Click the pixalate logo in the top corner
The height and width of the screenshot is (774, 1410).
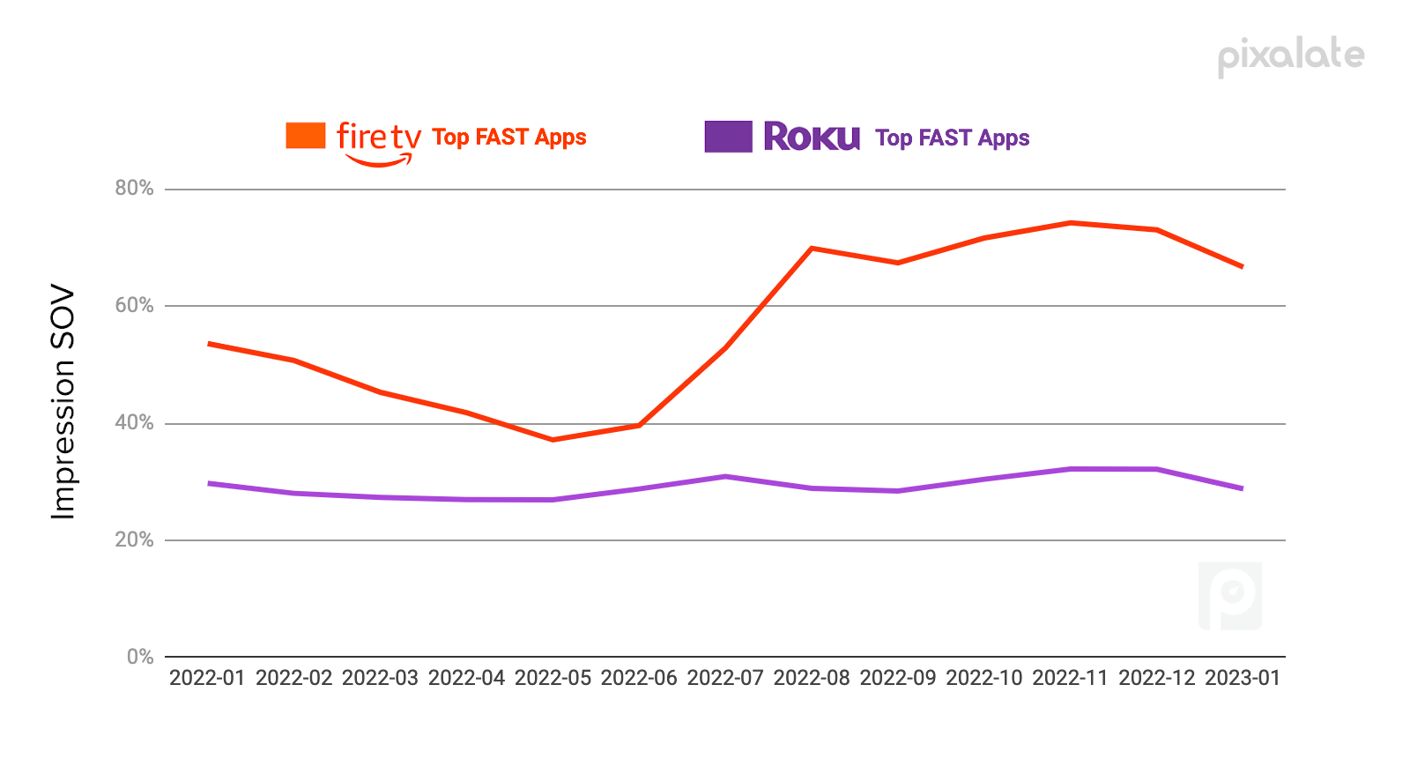1291,56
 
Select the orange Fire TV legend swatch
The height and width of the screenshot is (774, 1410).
306,136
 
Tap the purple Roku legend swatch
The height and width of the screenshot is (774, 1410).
728,137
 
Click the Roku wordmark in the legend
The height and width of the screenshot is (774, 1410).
811,137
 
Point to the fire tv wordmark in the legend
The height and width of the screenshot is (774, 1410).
378,138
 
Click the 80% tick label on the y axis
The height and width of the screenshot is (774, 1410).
134,188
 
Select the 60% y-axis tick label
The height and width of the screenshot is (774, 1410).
134,305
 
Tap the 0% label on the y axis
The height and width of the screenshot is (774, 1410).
140,657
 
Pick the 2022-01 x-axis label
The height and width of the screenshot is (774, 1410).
207,678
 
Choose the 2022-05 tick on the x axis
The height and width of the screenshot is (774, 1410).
553,678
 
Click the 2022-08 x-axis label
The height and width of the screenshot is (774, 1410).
812,678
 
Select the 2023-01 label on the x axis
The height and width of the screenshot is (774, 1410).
1243,678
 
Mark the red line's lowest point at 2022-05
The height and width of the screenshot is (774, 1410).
553,439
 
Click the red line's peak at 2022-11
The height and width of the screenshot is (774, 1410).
1071,222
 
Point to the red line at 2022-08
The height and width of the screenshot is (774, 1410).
812,248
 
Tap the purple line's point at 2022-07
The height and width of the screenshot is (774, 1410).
725,477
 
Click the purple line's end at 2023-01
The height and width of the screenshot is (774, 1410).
1243,488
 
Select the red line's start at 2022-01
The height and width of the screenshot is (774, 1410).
209,343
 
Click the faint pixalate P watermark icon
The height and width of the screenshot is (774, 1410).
1230,596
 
